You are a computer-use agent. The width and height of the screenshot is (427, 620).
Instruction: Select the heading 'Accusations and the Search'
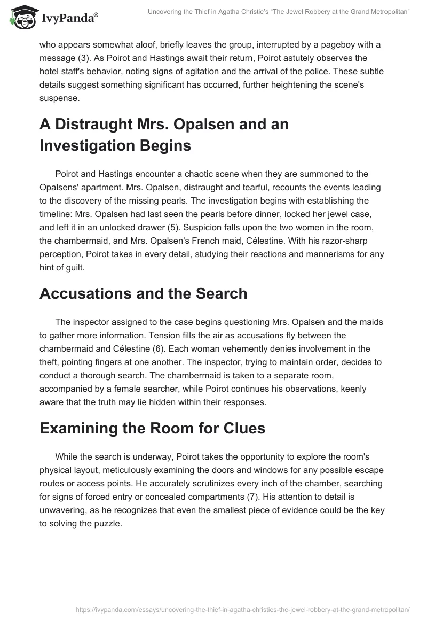[x=143, y=293]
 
